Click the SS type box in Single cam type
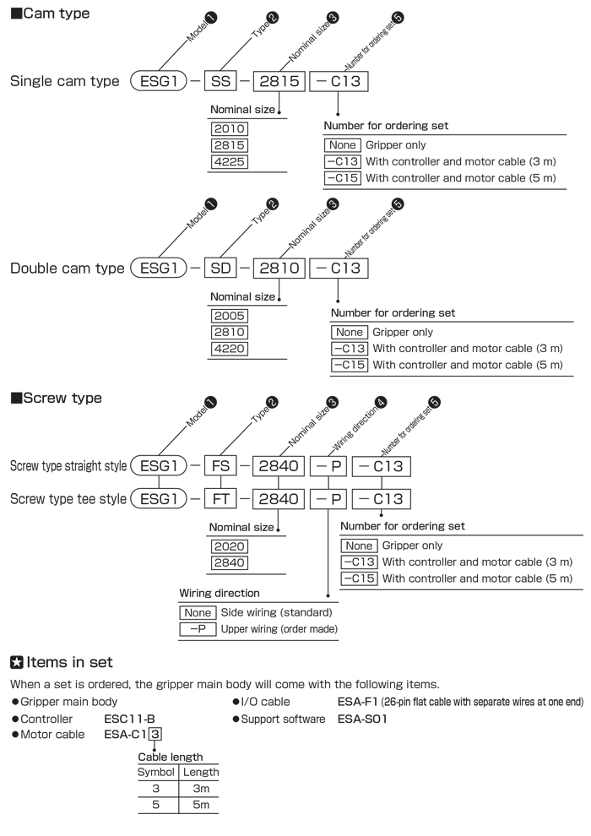point(220,81)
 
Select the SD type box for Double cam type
point(220,269)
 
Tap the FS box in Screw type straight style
point(220,466)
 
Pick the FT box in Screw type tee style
point(220,499)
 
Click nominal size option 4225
point(230,161)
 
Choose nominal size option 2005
point(230,316)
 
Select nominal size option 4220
point(230,349)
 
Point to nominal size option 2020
point(229,546)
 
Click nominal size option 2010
point(230,128)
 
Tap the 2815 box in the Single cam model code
point(279,81)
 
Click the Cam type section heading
point(50,14)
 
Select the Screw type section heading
point(56,398)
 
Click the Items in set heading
point(62,662)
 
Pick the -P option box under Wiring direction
point(198,629)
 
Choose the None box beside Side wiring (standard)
point(198,612)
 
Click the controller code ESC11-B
point(129,719)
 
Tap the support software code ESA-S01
point(362,719)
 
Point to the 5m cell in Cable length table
point(201,805)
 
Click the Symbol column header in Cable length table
point(155,772)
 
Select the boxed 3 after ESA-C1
point(155,734)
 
